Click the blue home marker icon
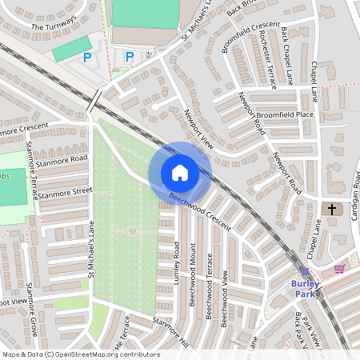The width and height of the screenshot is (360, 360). point(179,173)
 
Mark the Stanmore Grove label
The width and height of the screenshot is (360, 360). point(33,308)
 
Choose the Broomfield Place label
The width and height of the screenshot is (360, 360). point(285,114)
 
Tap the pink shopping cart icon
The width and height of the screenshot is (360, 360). point(339,269)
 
